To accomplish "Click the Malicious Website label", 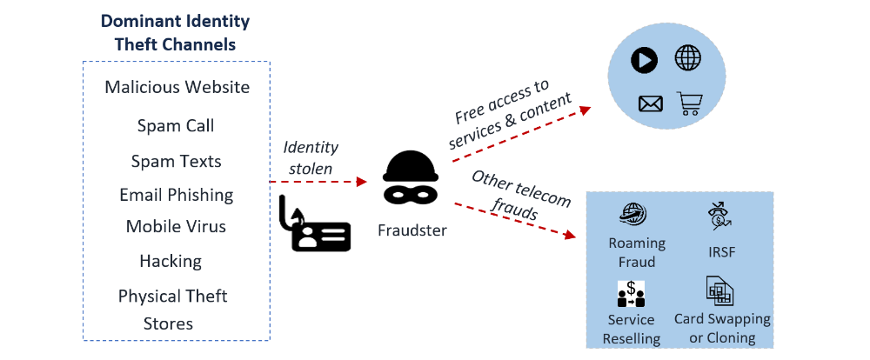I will [x=177, y=87].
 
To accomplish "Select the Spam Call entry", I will [x=176, y=125].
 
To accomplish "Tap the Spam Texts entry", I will [x=176, y=162].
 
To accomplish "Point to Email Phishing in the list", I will [x=177, y=195].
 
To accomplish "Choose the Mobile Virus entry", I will [x=176, y=227].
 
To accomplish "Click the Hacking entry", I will [x=171, y=261].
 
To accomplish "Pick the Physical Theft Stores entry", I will [x=172, y=310].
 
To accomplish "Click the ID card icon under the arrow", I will [x=314, y=225].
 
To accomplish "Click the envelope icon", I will [x=650, y=104].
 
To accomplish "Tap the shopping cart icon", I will [x=691, y=104].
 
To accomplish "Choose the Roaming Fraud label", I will [x=637, y=252].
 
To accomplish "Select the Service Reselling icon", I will [x=631, y=294].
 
